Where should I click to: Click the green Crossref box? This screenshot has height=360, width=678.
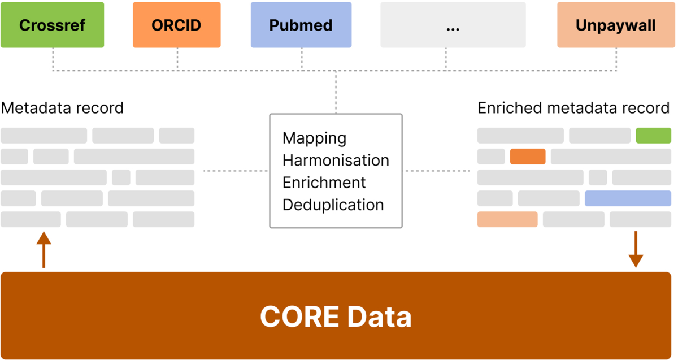click(x=52, y=25)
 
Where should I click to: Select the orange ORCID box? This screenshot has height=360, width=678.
click(x=176, y=25)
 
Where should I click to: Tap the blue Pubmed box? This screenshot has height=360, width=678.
click(x=301, y=25)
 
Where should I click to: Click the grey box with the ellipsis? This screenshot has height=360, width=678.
click(x=453, y=25)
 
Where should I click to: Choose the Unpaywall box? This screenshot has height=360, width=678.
click(x=616, y=25)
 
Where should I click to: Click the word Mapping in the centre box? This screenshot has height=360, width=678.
click(x=314, y=138)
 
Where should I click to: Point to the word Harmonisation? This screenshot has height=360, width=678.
click(x=336, y=160)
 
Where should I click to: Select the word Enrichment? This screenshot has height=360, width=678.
click(x=324, y=183)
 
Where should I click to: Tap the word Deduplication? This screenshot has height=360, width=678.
click(x=333, y=205)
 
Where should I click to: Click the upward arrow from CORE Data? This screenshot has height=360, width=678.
click(x=44, y=249)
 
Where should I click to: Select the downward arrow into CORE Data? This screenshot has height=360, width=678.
click(x=636, y=249)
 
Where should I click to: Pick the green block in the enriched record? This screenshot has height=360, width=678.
click(x=653, y=136)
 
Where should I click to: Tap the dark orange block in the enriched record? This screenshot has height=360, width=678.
click(x=528, y=157)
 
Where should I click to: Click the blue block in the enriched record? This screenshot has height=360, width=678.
click(x=628, y=198)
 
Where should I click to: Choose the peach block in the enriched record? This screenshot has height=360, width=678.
click(x=507, y=219)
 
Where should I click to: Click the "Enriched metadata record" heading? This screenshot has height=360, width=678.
click(x=573, y=107)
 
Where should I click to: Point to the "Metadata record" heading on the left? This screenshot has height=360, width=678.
click(x=62, y=107)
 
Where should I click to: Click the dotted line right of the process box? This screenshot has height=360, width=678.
click(x=436, y=170)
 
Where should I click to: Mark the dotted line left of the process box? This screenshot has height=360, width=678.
click(x=236, y=170)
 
